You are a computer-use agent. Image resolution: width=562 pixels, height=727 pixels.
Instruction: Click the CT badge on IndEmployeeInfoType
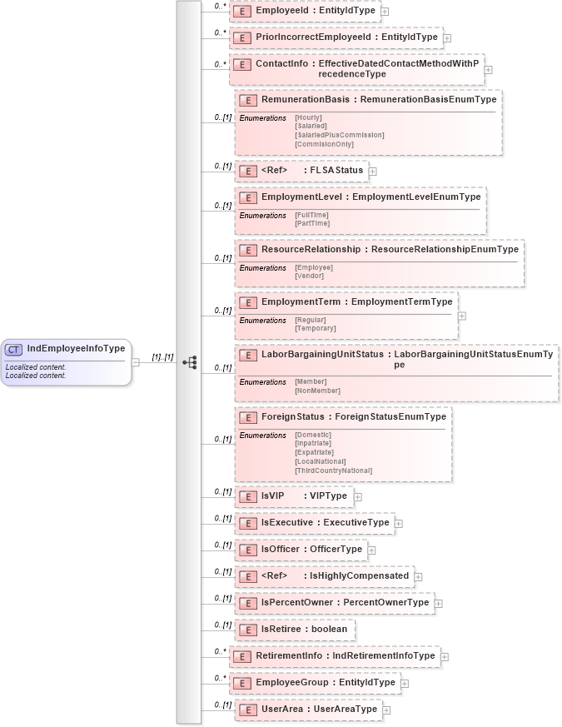click(x=14, y=349)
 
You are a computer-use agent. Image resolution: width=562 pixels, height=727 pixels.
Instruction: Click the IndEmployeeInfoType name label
click(x=76, y=348)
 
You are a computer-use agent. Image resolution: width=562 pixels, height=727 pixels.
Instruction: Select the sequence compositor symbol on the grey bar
click(x=190, y=362)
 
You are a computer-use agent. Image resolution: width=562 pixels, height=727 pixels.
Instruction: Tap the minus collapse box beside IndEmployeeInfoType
click(x=136, y=362)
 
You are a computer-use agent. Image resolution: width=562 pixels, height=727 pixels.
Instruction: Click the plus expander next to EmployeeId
click(x=385, y=12)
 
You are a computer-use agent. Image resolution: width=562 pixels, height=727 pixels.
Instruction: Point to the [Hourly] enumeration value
click(x=308, y=117)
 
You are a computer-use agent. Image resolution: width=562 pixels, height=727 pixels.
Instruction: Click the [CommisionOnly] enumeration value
click(x=324, y=143)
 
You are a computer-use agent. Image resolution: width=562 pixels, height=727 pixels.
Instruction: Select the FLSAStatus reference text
click(x=336, y=171)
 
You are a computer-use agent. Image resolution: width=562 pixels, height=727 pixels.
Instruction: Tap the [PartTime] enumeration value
click(x=312, y=223)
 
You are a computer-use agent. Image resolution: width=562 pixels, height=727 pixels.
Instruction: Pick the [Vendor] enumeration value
click(x=309, y=276)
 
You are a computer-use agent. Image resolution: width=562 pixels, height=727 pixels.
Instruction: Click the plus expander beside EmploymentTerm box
click(x=462, y=316)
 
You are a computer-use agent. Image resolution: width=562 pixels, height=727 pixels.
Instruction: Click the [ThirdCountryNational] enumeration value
click(x=333, y=471)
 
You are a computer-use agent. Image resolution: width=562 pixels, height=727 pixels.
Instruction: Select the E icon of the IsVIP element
click(x=246, y=496)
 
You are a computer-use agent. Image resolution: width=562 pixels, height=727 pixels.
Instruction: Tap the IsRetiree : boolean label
click(x=304, y=629)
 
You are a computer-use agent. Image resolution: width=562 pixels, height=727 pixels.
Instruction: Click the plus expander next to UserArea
click(x=386, y=710)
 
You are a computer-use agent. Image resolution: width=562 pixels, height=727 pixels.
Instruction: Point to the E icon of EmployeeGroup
click(x=241, y=683)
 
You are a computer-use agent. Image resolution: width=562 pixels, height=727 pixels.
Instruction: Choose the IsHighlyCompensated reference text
click(x=359, y=575)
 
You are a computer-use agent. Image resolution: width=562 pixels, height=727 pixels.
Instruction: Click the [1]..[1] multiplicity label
click(x=162, y=357)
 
